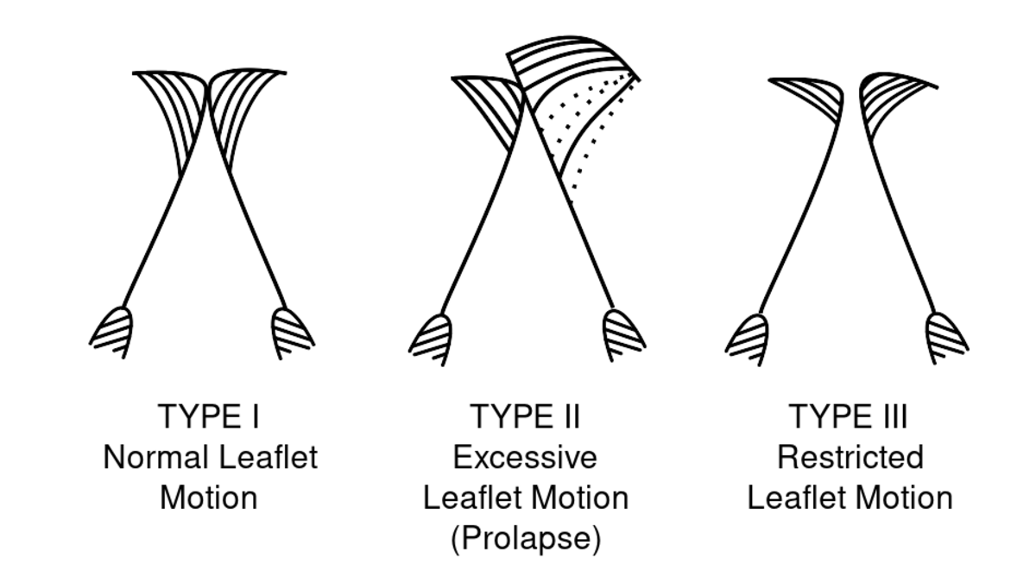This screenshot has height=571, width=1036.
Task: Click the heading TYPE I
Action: click(208, 416)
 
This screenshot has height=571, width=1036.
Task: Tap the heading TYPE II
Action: click(525, 416)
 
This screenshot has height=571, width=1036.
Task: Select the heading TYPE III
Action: click(848, 416)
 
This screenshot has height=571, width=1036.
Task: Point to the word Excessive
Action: click(525, 457)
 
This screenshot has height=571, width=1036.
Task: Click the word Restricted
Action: click(850, 457)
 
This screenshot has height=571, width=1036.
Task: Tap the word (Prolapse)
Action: click(526, 539)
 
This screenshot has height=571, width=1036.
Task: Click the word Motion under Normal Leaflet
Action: click(209, 498)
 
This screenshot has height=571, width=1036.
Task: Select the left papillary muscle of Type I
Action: click(112, 333)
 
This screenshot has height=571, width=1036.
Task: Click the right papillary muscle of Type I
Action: click(292, 333)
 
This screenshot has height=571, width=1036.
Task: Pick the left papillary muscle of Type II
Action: click(431, 340)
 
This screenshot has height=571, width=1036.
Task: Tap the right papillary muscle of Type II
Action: click(623, 335)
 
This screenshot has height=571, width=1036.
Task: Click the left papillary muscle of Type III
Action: click(748, 340)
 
